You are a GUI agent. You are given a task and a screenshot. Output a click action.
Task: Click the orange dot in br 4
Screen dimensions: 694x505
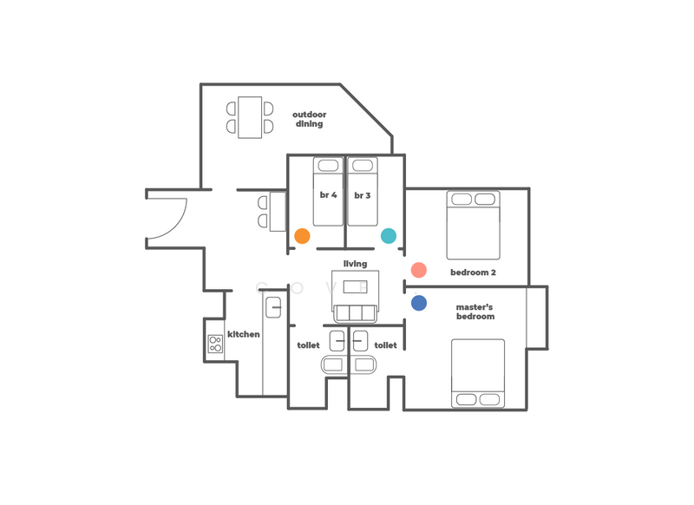click(x=302, y=236)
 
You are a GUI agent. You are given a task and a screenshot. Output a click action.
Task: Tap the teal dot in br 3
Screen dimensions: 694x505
click(x=389, y=236)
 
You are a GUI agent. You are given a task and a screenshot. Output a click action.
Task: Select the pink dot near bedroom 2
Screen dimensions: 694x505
click(x=419, y=270)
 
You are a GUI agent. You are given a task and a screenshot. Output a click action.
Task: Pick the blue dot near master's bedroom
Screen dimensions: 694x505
click(x=419, y=303)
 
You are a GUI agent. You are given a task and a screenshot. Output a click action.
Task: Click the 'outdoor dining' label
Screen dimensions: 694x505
click(x=310, y=119)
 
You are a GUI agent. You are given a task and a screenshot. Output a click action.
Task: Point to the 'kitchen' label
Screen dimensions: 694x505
click(x=244, y=334)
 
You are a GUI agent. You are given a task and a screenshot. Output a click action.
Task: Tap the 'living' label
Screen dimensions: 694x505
click(x=356, y=264)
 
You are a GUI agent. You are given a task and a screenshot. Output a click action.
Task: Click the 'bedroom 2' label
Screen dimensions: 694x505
click(x=473, y=272)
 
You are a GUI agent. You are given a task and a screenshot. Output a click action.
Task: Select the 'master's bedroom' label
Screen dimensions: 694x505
click(x=475, y=312)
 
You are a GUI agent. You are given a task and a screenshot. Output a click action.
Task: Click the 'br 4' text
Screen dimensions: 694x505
click(x=329, y=194)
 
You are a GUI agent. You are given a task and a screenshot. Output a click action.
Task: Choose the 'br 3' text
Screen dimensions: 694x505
click(x=363, y=195)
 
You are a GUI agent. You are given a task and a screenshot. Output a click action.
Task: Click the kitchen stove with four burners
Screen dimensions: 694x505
click(x=215, y=344)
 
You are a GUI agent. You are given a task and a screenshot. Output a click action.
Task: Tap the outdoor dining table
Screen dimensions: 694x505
click(x=250, y=117)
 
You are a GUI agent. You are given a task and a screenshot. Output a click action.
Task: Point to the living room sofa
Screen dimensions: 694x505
click(x=356, y=314)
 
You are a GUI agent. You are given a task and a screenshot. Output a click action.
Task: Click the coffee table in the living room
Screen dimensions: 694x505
click(x=356, y=287)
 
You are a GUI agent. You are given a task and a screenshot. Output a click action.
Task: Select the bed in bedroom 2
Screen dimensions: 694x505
click(x=473, y=225)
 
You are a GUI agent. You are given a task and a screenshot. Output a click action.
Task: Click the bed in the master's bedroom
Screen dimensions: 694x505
click(x=478, y=373)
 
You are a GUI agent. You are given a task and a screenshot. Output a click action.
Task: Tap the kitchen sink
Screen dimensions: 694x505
click(x=273, y=307)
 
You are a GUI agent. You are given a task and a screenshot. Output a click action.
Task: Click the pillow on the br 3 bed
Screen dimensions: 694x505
click(x=363, y=166)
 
